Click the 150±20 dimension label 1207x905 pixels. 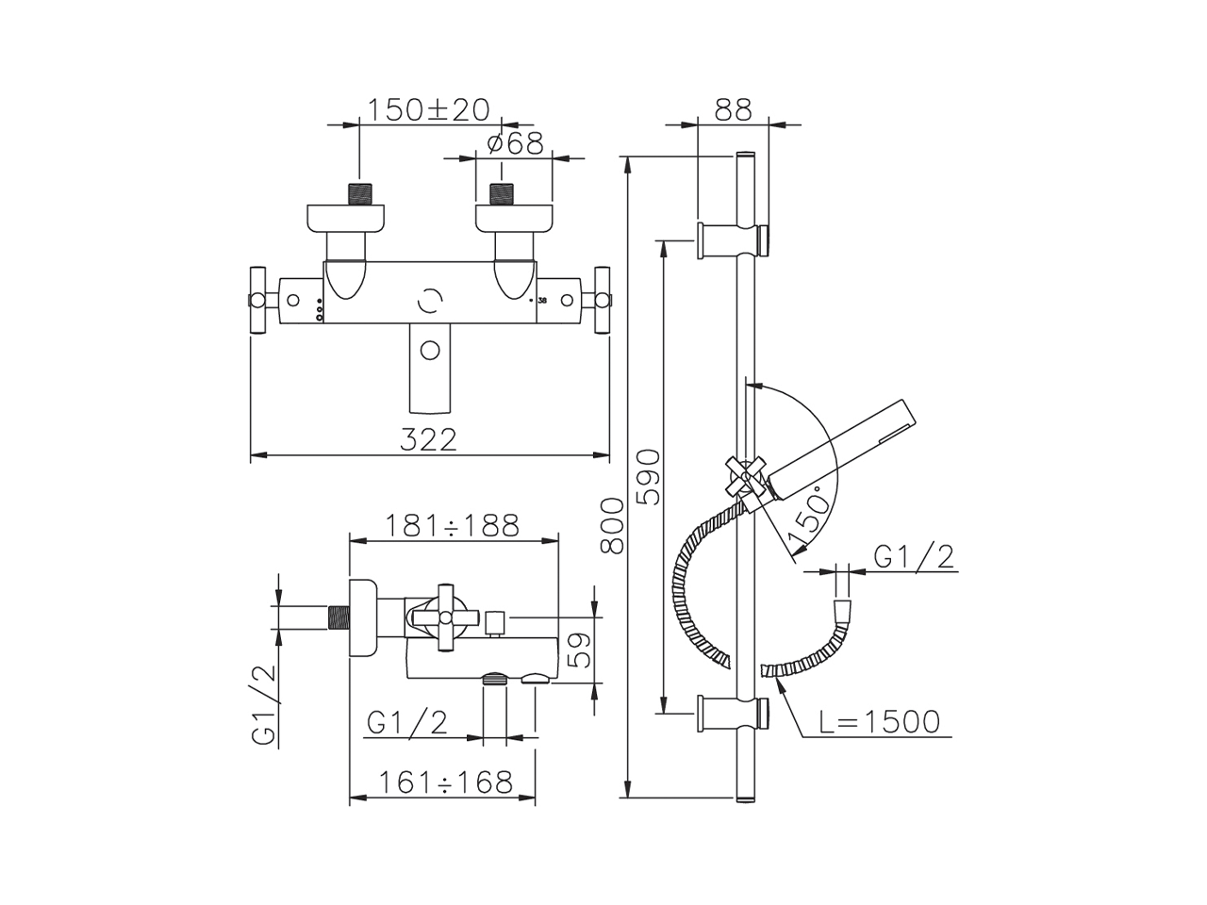pos(428,110)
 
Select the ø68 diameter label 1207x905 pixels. pos(515,144)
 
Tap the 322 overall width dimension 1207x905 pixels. pos(428,439)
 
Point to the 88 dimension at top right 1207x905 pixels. pos(733,110)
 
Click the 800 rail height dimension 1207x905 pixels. pos(612,526)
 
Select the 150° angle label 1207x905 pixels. pos(809,514)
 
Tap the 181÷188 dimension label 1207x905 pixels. pos(452,526)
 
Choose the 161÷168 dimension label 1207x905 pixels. pos(446,782)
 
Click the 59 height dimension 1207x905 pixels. pos(578,650)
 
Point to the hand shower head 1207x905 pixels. pos(843,451)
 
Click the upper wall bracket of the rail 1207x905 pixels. pos(733,240)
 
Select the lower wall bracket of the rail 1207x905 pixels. pos(733,714)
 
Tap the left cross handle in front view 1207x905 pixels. pos(257,300)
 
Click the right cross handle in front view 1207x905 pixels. pos(603,300)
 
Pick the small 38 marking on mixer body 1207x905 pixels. pos(542,301)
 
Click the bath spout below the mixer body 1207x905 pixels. pos(430,368)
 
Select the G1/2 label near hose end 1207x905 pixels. pos(914,558)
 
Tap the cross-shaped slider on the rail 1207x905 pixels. pos(745,476)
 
